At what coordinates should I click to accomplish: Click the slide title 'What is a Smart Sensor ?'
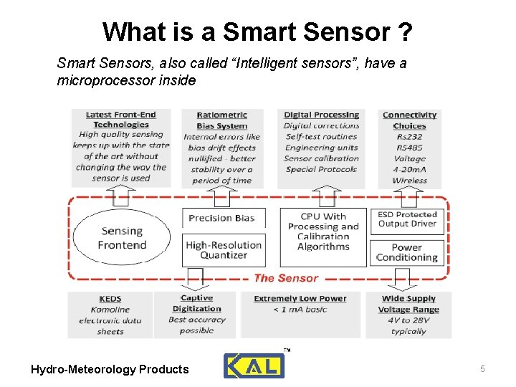coord(257,32)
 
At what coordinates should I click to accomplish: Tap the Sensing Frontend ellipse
coord(122,238)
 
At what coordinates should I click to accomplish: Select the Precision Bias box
coord(221,218)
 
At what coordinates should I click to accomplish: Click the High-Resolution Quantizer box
coord(224,249)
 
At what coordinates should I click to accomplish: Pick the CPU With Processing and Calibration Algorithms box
coord(322,231)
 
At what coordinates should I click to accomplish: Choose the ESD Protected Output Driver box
coord(408,219)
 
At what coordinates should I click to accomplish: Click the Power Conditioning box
coord(407,252)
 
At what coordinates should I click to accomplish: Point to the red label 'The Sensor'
coord(286,278)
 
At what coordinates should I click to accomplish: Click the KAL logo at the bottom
coord(254,365)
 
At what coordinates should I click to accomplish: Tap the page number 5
coord(482,368)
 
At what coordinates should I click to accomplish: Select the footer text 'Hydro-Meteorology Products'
coord(110,369)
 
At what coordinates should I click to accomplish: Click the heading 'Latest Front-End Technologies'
coord(120,119)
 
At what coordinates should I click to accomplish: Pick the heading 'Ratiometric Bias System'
coord(222,120)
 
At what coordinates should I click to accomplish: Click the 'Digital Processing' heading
coord(321,115)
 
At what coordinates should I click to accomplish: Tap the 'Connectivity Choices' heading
coord(409,120)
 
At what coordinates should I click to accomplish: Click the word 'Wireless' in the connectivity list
coord(409,181)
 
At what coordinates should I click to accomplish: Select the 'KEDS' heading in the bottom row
coord(110,299)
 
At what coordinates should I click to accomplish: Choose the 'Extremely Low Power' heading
coord(300,298)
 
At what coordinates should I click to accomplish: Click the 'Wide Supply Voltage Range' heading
coord(409,304)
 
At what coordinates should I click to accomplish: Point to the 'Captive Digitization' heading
coord(196,303)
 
